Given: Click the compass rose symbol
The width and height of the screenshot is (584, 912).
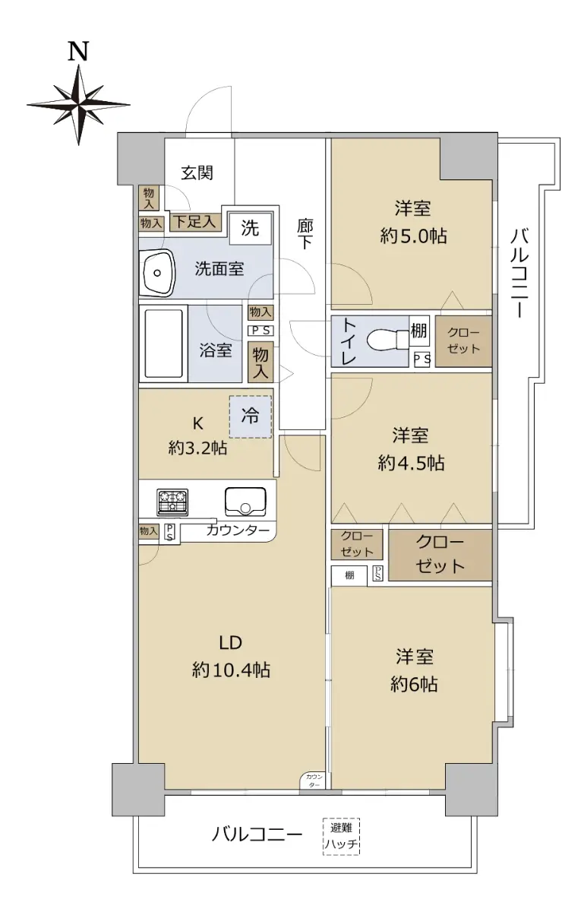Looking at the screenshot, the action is click(78, 105).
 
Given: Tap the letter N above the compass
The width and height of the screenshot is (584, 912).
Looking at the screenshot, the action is click(78, 52).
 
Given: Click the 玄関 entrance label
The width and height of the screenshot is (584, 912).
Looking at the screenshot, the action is click(197, 173).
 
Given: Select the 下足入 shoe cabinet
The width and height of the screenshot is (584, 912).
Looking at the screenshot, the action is click(195, 222).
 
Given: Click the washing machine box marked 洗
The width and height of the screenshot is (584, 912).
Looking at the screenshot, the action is click(251, 228).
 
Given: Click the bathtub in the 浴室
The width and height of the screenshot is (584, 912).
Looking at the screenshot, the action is click(163, 344).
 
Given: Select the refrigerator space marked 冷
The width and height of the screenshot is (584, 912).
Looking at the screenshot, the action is click(251, 417).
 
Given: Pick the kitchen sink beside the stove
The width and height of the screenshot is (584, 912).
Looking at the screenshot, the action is click(245, 501).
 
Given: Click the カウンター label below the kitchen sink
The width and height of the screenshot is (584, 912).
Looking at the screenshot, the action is click(238, 530).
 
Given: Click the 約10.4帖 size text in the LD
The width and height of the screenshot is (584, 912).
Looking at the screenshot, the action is click(231, 670).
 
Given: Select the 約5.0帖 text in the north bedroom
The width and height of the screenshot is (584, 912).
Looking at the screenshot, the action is click(413, 236).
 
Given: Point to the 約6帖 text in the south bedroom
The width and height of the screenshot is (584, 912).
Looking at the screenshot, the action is click(415, 685).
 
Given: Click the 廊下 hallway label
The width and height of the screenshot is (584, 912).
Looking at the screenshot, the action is click(305, 234).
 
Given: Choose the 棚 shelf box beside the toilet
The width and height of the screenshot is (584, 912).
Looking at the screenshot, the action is click(418, 331).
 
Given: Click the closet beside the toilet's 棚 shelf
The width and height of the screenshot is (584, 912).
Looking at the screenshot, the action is click(463, 340).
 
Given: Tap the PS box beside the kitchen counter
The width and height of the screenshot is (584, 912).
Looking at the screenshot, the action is click(169, 533).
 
